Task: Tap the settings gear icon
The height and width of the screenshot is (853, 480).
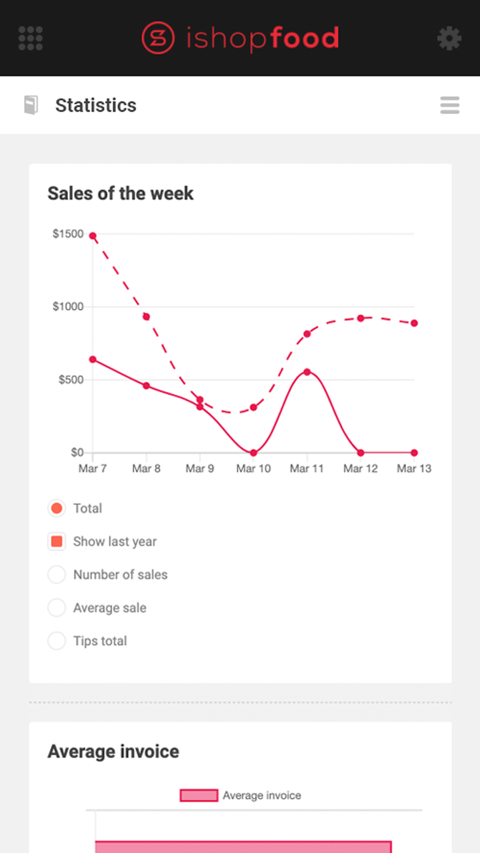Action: pyautogui.click(x=449, y=38)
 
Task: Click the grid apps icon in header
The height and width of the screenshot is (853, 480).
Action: pyautogui.click(x=31, y=38)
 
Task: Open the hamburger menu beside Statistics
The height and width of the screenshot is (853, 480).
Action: pyautogui.click(x=450, y=105)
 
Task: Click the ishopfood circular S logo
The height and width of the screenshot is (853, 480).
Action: pyautogui.click(x=158, y=38)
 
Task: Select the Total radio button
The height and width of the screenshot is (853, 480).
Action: pyautogui.click(x=57, y=508)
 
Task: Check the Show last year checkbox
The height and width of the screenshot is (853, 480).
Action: pyautogui.click(x=57, y=542)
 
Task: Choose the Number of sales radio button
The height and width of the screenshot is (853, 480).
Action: pyautogui.click(x=57, y=575)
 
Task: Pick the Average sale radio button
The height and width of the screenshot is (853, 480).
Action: pyautogui.click(x=57, y=608)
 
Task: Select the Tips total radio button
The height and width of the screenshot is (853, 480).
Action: pyautogui.click(x=57, y=641)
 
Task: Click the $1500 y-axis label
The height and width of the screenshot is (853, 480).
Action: pyautogui.click(x=68, y=234)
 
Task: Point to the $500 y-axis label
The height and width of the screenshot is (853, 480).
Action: pyautogui.click(x=71, y=380)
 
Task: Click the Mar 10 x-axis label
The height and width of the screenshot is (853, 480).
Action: pyautogui.click(x=253, y=469)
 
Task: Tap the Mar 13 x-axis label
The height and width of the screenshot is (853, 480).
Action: pyautogui.click(x=414, y=469)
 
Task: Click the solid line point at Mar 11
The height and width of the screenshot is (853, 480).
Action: pyautogui.click(x=307, y=372)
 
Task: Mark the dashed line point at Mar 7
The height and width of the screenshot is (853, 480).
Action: pyautogui.click(x=93, y=236)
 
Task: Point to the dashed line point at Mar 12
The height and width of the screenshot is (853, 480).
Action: pyautogui.click(x=360, y=318)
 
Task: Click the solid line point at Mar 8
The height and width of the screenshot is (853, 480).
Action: pyautogui.click(x=146, y=386)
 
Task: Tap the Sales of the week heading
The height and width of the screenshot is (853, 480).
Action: pyautogui.click(x=120, y=194)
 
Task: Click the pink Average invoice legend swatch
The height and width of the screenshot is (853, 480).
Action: pyautogui.click(x=199, y=795)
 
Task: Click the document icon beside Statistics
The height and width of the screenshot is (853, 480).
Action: pyautogui.click(x=31, y=105)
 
